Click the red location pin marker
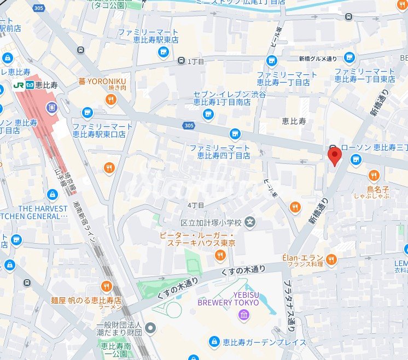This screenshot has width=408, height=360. [x=334, y=156]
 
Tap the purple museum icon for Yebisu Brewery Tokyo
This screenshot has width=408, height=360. [x=243, y=315]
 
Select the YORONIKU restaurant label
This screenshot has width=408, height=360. [x=102, y=81]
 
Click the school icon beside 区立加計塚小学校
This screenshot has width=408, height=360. [x=250, y=222]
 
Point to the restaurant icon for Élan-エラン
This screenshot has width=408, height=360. [x=331, y=259]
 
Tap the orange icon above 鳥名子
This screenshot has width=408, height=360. [x=374, y=175]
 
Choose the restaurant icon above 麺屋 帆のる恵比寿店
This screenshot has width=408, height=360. [x=106, y=286]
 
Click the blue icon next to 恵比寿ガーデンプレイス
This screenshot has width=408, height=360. [x=214, y=343]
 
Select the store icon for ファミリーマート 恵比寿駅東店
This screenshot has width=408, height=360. [x=163, y=52]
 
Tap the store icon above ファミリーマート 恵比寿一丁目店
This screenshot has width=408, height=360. [x=272, y=61]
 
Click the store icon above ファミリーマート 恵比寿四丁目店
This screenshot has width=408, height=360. [x=235, y=133]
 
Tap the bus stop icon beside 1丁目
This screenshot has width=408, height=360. [x=181, y=61]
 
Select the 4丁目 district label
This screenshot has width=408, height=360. [x=196, y=205]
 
